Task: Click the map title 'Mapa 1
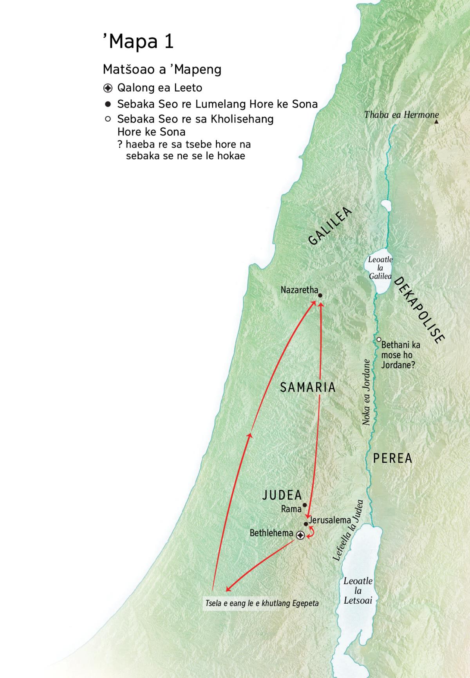coord(138,41)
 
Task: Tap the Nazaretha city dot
coord(320,295)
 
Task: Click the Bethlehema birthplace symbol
coord(300,535)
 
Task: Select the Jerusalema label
coord(330,520)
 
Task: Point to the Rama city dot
coord(305,505)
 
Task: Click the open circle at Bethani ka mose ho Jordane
coord(379,340)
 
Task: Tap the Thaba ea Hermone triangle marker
coord(436,122)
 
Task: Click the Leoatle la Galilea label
coord(380,268)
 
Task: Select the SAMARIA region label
coord(308,387)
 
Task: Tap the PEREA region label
coord(392,458)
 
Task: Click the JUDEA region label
coord(282,495)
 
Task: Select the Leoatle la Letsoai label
coord(358,590)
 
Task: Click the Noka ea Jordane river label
coord(366,392)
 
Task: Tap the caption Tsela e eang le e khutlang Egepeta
coord(262,603)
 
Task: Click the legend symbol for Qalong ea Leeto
coord(108,88)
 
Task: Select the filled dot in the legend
coord(108,104)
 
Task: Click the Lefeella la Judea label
coord(348,531)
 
